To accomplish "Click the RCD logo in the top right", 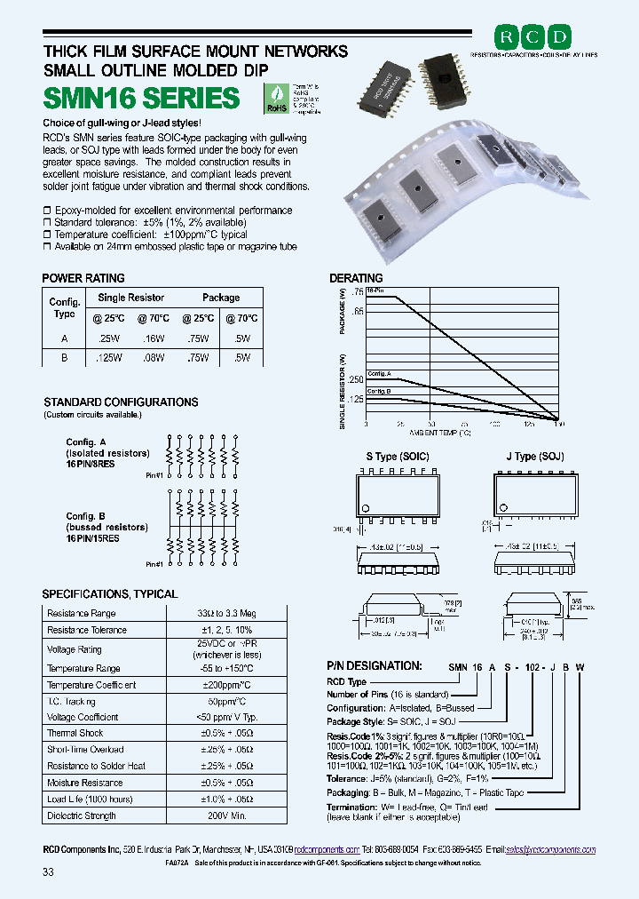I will pos(532,36).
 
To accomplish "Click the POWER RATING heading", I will pos(83,278).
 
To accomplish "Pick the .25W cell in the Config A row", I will pos(110,338).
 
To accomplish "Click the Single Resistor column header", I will pos(130,298).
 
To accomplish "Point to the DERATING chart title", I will pos(356,278).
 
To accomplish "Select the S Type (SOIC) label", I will pos(398,457).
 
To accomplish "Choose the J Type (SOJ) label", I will pos(534,457).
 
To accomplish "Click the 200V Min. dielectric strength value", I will pos(225,816).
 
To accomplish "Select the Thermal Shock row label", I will pos(75,733).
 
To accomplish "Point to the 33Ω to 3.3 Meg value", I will pos(225,613).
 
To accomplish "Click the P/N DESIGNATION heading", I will pos(374,665).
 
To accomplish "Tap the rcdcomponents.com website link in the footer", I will pos(327,849).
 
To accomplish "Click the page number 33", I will pos(48,871).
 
